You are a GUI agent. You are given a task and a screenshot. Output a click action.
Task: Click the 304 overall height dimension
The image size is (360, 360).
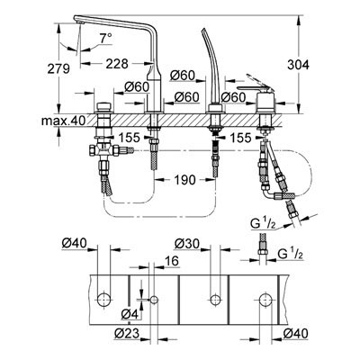(298, 65)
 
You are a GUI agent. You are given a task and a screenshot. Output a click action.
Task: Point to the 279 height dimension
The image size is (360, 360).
(58, 68)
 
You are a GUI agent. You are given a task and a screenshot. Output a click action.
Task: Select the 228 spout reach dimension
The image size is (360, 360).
(117, 64)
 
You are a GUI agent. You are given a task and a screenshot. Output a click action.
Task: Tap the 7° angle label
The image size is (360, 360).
(105, 38)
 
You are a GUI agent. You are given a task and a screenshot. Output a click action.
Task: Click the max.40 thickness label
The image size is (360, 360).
(63, 121)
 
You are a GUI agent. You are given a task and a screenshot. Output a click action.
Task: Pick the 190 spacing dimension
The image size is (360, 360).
(184, 180)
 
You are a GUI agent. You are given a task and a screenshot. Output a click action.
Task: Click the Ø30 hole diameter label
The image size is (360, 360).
(186, 244)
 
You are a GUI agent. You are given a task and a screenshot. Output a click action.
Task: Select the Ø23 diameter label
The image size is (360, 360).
(127, 333)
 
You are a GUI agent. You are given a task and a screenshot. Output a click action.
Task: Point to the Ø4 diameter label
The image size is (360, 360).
(130, 314)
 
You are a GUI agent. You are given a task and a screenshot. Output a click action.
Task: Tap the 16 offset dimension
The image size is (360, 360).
(172, 261)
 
